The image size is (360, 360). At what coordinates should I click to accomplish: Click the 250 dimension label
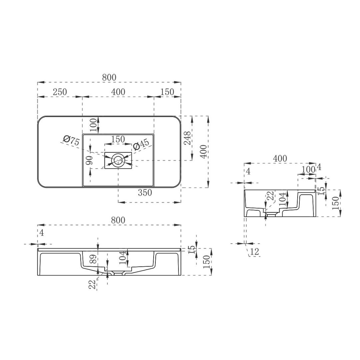(60, 92)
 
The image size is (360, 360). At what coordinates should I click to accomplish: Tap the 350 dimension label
(145, 192)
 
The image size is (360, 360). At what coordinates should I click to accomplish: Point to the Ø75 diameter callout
(71, 140)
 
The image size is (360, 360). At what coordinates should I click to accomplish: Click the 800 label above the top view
(109, 77)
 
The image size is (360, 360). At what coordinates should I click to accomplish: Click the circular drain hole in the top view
(118, 160)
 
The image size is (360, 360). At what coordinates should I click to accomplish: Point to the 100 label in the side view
(308, 170)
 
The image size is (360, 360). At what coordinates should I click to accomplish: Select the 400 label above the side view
(280, 159)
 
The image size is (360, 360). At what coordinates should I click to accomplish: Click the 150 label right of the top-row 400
(167, 92)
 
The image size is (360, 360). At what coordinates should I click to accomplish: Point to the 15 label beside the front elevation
(191, 250)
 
